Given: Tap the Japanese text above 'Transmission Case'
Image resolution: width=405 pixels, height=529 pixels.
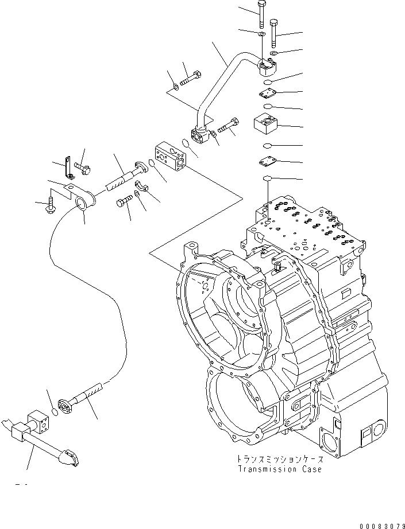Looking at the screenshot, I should [x=279, y=460].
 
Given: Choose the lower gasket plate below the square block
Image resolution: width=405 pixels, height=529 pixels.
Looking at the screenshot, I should [x=268, y=163].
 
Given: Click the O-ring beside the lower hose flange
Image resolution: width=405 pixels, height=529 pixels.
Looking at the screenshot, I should [x=54, y=411].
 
